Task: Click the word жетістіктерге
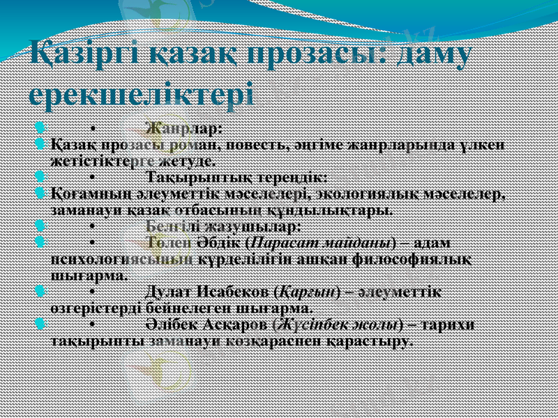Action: coord(105,161)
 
